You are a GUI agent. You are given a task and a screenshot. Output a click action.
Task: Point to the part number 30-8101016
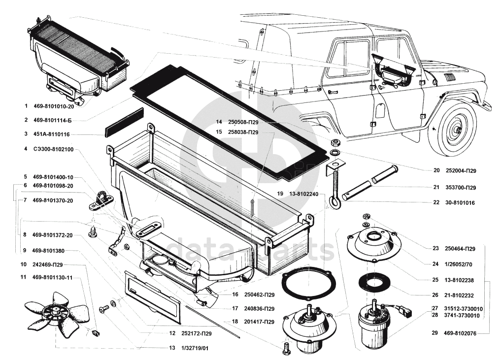click(x=462, y=202)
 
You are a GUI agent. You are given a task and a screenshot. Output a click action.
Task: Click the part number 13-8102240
click(x=305, y=194)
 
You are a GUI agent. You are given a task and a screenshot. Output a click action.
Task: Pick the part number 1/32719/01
click(x=195, y=348)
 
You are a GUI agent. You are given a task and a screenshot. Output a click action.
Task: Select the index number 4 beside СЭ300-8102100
click(x=25, y=149)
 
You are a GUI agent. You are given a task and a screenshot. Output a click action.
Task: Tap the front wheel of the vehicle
click(x=453, y=129)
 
